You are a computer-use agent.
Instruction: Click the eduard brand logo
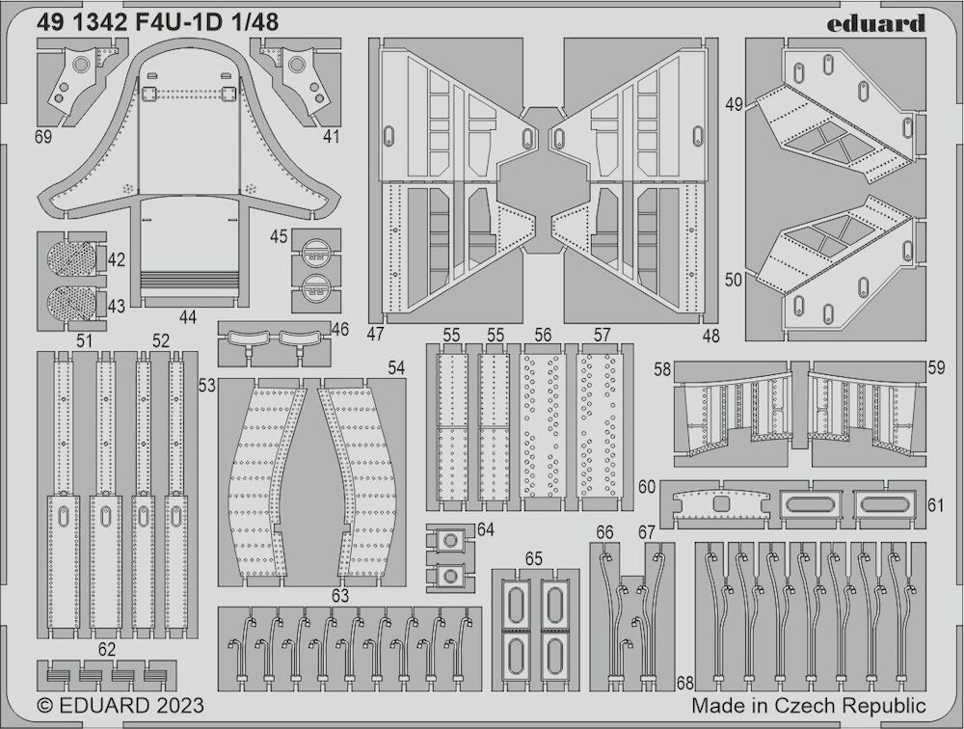[x=875, y=23]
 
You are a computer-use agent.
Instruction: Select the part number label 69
[x=43, y=136]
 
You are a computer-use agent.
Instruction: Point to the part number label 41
[x=331, y=136]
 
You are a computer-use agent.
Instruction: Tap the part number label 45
[x=279, y=236]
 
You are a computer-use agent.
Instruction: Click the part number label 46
[x=339, y=329]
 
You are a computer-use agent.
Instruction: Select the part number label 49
[x=734, y=104]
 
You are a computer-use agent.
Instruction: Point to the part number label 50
[x=734, y=280]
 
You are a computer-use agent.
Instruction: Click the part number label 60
[x=647, y=487]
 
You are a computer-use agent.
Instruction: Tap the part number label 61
[x=935, y=505]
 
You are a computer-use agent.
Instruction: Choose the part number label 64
[x=485, y=529]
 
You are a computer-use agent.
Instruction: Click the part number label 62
[x=106, y=650]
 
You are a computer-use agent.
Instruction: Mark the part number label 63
[x=340, y=596]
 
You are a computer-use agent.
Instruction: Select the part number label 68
[x=684, y=684]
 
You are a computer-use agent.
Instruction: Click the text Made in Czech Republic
[x=809, y=706]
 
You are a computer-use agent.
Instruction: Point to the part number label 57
[x=602, y=335]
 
